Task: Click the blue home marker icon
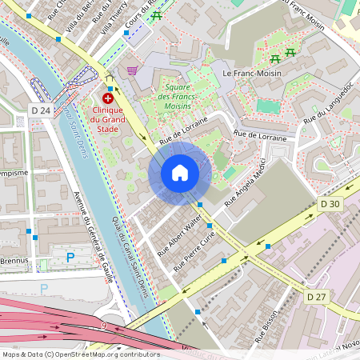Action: tap(180, 173)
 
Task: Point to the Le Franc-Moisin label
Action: tap(250, 73)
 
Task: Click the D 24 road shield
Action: tap(40, 109)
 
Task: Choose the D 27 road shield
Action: tap(318, 297)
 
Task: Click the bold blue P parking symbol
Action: tap(70, 258)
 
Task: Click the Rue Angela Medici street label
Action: tap(246, 186)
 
